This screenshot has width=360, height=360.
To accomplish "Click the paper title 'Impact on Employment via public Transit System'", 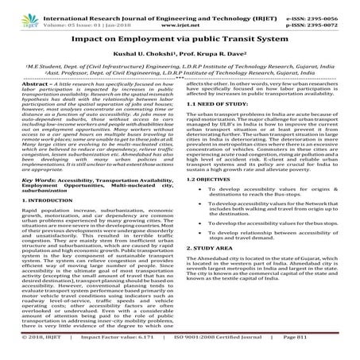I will (180, 38).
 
